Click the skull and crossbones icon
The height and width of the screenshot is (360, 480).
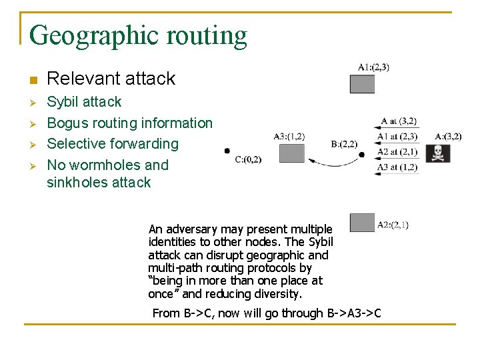click(438, 153)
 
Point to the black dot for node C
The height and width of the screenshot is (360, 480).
click(227, 151)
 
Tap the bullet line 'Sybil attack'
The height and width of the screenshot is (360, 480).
click(84, 102)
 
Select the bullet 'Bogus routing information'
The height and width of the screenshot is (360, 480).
click(129, 123)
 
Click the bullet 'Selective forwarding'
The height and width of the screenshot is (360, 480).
click(113, 143)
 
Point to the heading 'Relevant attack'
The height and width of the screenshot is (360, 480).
click(111, 79)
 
